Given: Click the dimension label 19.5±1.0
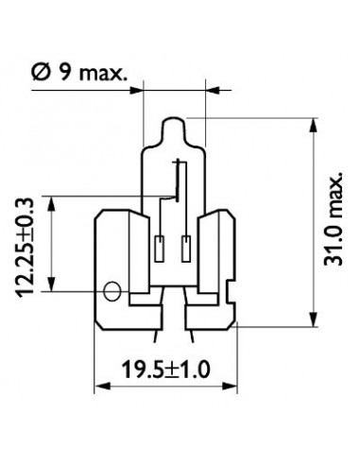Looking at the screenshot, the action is pos(165,370).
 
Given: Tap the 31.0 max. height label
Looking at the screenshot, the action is pos(334,219).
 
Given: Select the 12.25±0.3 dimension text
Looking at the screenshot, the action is pos(25,248).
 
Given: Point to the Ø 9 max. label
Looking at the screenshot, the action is pos(79,73).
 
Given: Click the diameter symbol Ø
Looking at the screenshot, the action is pos(41,73).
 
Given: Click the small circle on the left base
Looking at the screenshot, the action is pos(112,291).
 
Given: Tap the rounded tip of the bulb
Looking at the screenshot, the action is pos(174,123).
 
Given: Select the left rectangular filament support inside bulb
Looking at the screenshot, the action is pos(160,249).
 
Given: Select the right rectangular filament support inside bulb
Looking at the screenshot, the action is pos(186,249).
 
